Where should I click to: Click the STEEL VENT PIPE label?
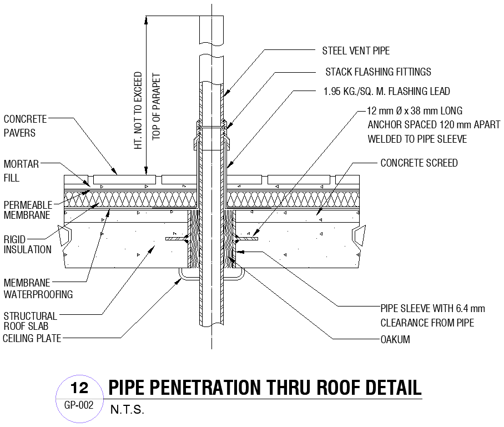click(356, 51)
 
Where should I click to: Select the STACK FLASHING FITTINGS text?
click(378, 72)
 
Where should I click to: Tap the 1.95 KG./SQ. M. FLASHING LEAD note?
click(386, 92)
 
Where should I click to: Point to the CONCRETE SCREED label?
click(419, 163)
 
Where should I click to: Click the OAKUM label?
click(395, 340)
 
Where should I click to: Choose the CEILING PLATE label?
click(32, 338)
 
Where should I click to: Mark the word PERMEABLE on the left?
click(28, 204)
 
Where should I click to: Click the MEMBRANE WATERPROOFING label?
click(38, 288)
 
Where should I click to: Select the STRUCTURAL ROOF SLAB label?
click(30, 320)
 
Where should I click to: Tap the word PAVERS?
click(19, 133)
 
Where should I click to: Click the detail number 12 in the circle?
click(80, 387)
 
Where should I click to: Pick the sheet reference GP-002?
click(79, 405)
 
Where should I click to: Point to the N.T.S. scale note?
click(127, 410)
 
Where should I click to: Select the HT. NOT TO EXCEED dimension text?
click(138, 110)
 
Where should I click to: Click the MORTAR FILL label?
click(21, 171)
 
